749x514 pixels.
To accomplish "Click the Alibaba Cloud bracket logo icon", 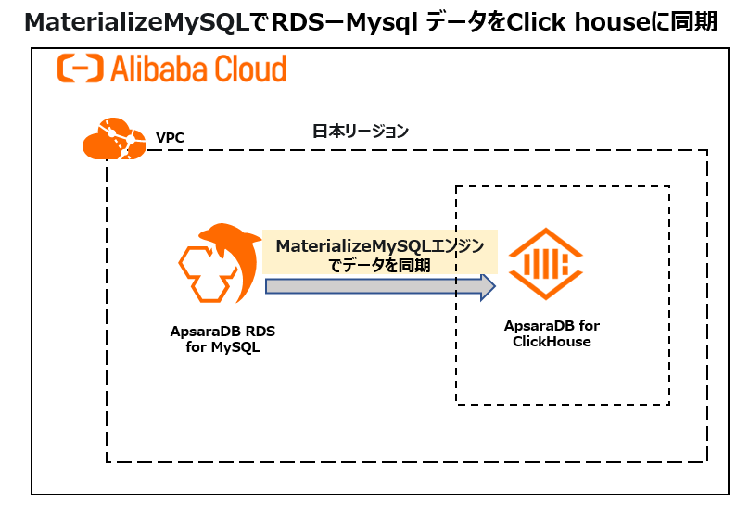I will [x=79, y=69].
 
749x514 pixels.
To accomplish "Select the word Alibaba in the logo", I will [x=161, y=69].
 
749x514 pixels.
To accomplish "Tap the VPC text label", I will [x=171, y=138].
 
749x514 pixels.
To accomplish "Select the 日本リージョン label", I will [x=361, y=131].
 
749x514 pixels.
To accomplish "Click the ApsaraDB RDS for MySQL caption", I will [x=222, y=339].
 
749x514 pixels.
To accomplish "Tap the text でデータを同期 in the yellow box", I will [x=380, y=265].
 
